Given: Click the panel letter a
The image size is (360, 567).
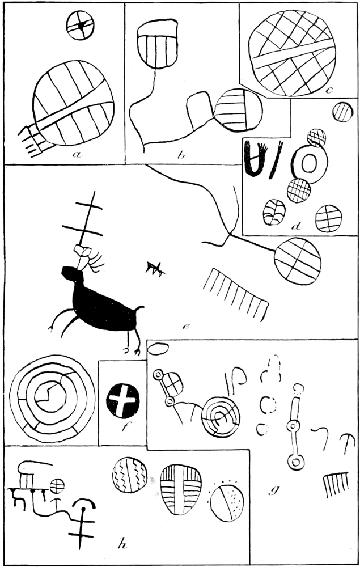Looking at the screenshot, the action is tap(77, 155).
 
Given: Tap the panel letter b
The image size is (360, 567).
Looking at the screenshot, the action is tap(181, 155).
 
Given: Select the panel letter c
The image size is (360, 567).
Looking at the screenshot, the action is tap(329, 90).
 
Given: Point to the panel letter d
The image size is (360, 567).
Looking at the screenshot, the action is tap(297, 226).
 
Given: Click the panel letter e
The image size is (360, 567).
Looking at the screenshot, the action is tap(186, 327).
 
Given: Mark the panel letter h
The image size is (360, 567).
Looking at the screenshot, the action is tap(122, 544).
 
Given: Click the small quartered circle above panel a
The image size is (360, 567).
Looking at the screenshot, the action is tap(81, 26).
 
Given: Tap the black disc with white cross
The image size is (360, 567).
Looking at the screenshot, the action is tap(123, 401).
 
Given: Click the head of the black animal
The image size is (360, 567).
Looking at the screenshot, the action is tap(69, 273).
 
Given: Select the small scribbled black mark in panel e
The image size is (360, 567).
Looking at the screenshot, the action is tap(155, 268).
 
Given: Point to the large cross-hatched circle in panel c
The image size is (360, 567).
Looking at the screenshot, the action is tap(292, 53).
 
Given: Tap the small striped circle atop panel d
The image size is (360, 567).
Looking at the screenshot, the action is tap(342, 112).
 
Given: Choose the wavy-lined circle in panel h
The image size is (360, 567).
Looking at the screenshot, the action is tap(130, 475).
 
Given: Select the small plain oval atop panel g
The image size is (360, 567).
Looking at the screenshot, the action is tap(158, 349).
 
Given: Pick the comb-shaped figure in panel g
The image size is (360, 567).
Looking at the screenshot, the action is tap(336, 485).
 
